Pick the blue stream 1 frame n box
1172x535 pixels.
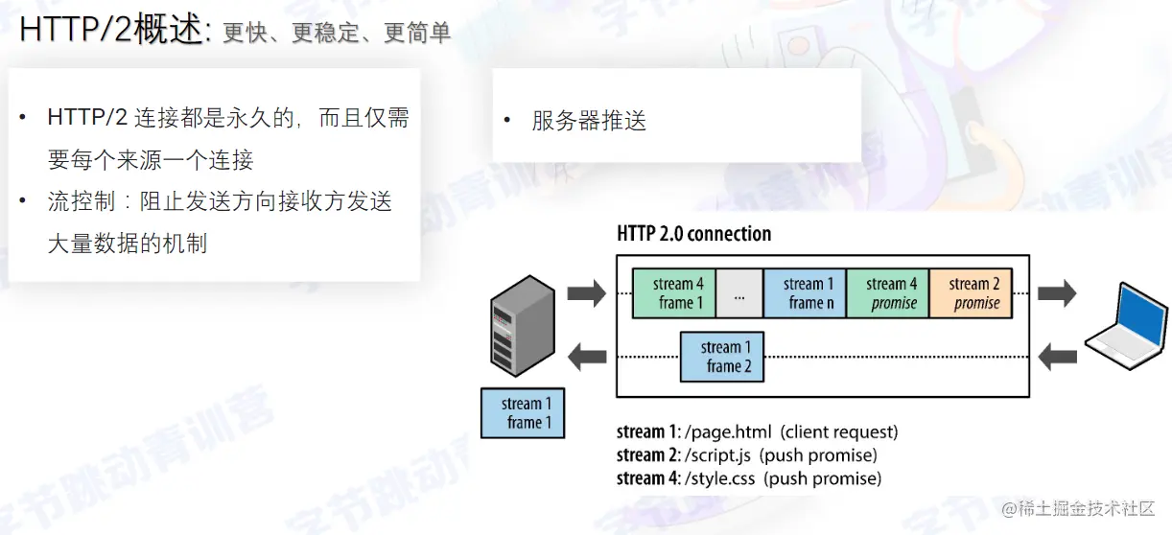[x=805, y=293]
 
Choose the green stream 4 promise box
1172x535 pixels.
[x=888, y=293]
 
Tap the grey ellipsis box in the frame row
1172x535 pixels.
[x=739, y=293]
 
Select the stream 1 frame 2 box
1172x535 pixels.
[x=722, y=357]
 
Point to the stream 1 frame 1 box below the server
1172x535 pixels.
[x=523, y=413]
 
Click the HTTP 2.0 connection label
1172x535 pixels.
[x=693, y=234]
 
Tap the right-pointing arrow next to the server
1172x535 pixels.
[x=587, y=293]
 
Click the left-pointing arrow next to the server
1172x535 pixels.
[x=587, y=358]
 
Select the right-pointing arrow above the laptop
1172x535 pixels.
[x=1057, y=293]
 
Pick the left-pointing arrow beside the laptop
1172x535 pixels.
[x=1057, y=358]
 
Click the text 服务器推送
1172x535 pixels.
[x=589, y=121]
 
